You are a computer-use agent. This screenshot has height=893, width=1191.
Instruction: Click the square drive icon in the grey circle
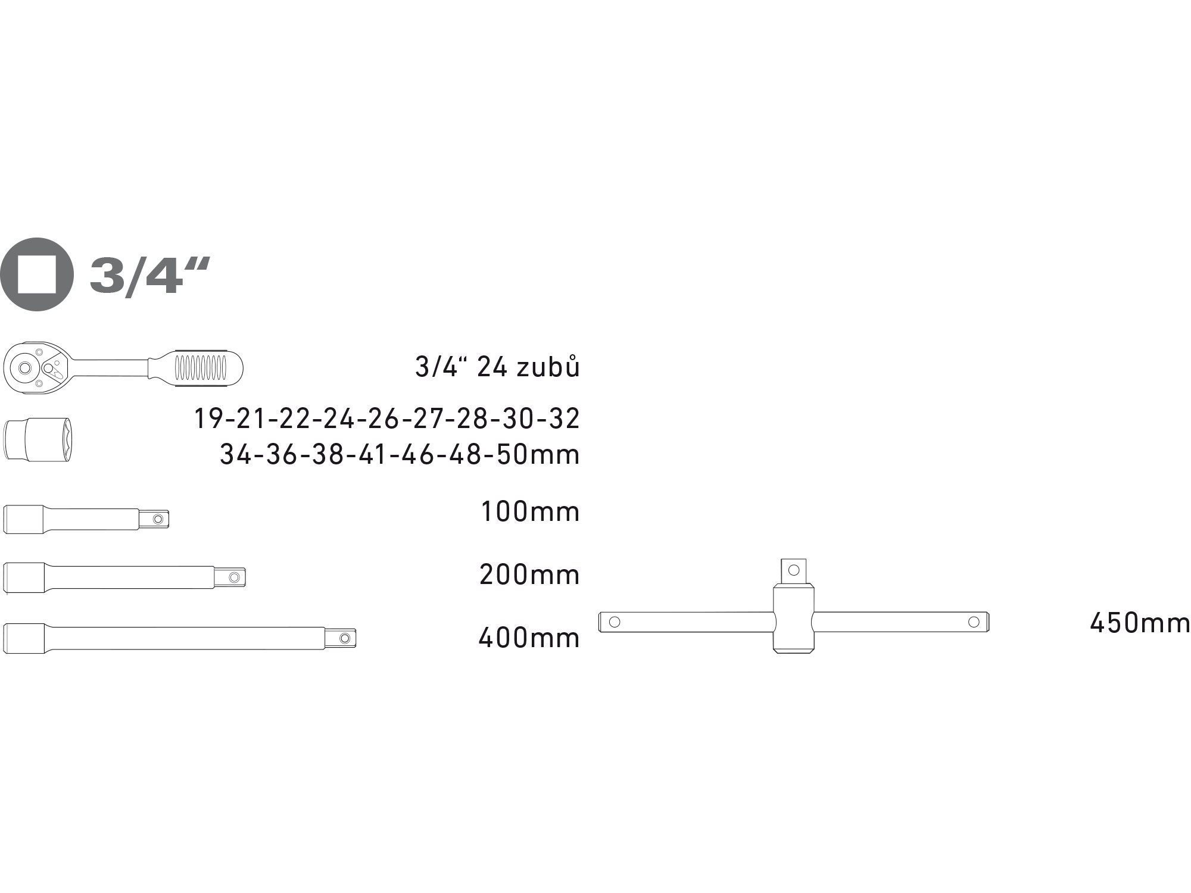(36, 274)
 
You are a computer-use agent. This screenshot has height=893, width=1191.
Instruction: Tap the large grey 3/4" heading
(150, 276)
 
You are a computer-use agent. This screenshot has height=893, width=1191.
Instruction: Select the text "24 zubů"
(528, 367)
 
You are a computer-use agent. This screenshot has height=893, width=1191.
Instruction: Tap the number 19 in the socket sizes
(208, 419)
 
